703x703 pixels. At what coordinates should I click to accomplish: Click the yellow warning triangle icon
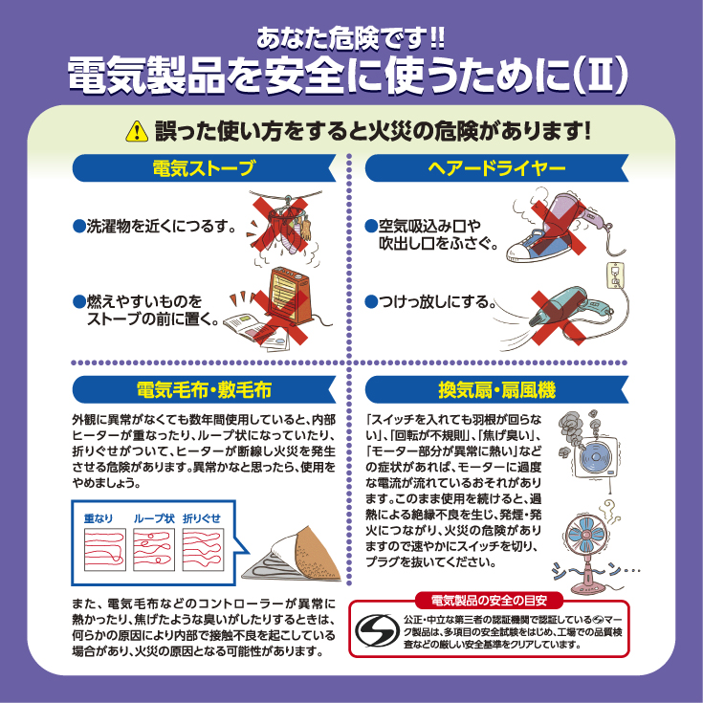(x=137, y=131)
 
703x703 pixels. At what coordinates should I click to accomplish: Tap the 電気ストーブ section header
(x=204, y=168)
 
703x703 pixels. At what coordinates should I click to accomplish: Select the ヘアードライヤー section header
(x=496, y=168)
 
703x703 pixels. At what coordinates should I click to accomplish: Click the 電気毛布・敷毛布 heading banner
(x=204, y=389)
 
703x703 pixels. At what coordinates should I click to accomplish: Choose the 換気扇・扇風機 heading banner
(x=496, y=389)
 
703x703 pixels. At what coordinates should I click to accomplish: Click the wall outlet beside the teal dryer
(x=616, y=275)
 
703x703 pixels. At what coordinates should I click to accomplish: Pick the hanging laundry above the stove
(x=287, y=223)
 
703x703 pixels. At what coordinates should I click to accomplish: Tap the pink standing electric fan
(x=587, y=551)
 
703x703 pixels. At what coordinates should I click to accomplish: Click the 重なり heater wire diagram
(x=105, y=549)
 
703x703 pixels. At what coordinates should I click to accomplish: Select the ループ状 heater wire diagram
(x=154, y=549)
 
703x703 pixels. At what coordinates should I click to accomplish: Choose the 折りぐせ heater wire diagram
(x=203, y=549)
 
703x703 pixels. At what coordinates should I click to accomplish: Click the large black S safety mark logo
(x=378, y=630)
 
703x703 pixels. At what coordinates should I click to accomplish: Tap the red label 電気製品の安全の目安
(x=489, y=600)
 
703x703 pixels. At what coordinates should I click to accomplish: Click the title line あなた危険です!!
(x=351, y=38)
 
